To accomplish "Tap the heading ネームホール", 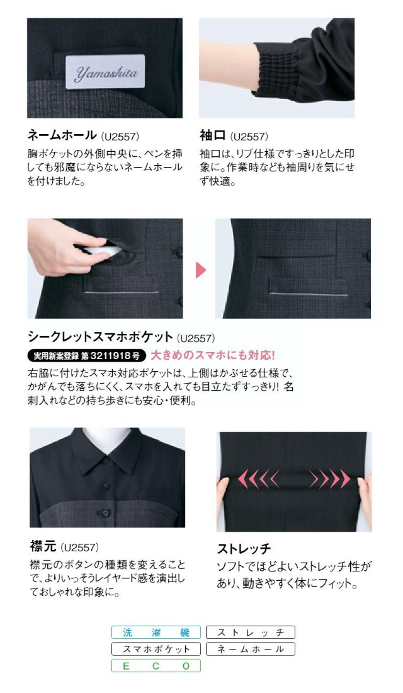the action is [x=62, y=135].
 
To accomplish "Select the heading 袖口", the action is [x=213, y=135].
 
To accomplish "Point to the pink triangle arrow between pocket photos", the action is [x=201, y=269].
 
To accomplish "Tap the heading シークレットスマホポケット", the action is [x=100, y=337].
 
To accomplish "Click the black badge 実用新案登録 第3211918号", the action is [x=87, y=355].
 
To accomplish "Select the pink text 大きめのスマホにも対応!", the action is [x=213, y=355].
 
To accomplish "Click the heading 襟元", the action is [x=43, y=546].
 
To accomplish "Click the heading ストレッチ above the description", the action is [x=244, y=549].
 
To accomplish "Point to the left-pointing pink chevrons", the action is [x=259, y=478].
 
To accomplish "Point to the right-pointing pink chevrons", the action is [x=330, y=478].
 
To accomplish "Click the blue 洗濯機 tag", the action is [x=156, y=633].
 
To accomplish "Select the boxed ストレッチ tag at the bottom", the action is [x=251, y=633].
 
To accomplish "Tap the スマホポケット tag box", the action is [x=156, y=649].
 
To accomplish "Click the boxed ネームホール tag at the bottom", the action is [x=251, y=649].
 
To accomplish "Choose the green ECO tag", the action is [x=156, y=666].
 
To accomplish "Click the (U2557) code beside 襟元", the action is [x=79, y=547].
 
